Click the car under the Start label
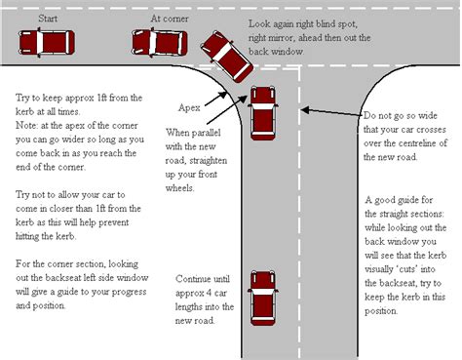point(47,43)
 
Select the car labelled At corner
point(160,43)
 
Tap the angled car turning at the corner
point(226,57)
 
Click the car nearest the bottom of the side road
point(263,299)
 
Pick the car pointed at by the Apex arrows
point(263,113)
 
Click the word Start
point(48,19)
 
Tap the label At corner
point(170,19)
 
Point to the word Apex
point(189,107)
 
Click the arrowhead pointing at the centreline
point(305,110)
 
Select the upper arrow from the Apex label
point(215,99)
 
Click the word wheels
point(179,188)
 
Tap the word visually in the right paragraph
point(379,269)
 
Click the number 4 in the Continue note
point(210,293)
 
